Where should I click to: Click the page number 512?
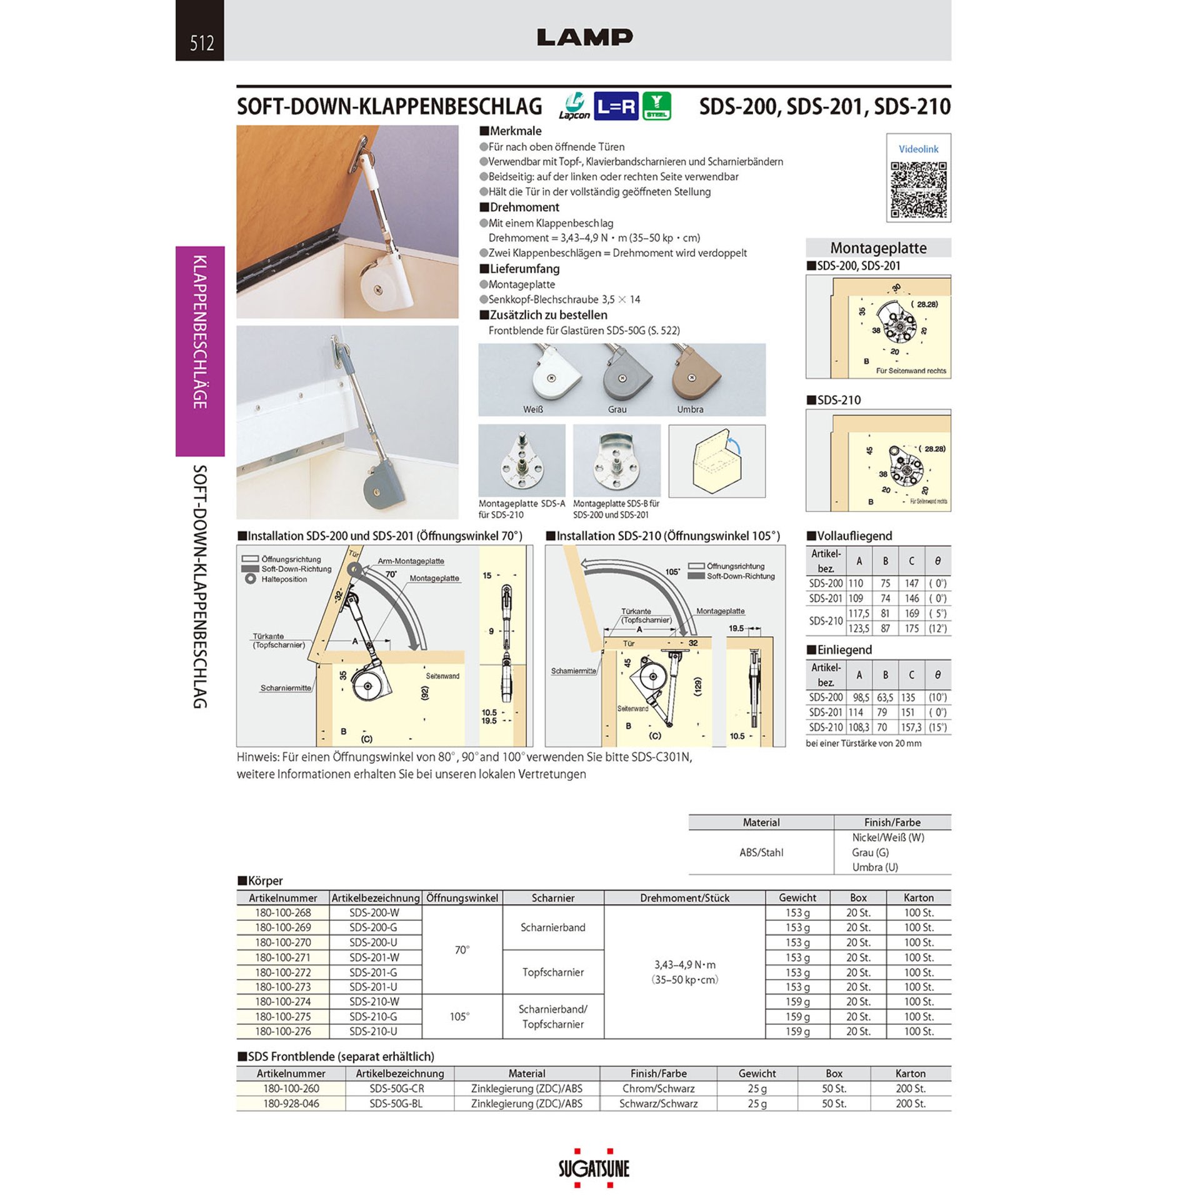pos(201,42)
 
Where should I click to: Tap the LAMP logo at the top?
pos(584,37)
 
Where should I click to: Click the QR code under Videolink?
pos(918,189)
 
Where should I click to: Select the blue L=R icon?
pos(616,107)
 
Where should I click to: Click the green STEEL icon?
pos(656,106)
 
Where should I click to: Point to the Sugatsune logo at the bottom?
pos(594,1168)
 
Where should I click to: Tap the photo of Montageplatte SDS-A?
pos(522,461)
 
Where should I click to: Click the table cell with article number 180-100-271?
pos(283,957)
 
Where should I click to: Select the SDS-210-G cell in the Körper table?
pos(373,1017)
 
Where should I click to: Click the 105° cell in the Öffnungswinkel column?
pos(459,1017)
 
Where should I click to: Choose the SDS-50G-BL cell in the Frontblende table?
pos(396,1104)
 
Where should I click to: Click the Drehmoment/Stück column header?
pos(684,898)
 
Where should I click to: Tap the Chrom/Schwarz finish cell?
pos(658,1089)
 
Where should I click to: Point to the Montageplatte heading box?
pos(878,247)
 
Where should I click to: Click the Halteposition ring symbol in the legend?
pos(251,579)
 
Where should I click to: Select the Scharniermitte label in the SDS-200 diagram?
pos(286,688)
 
